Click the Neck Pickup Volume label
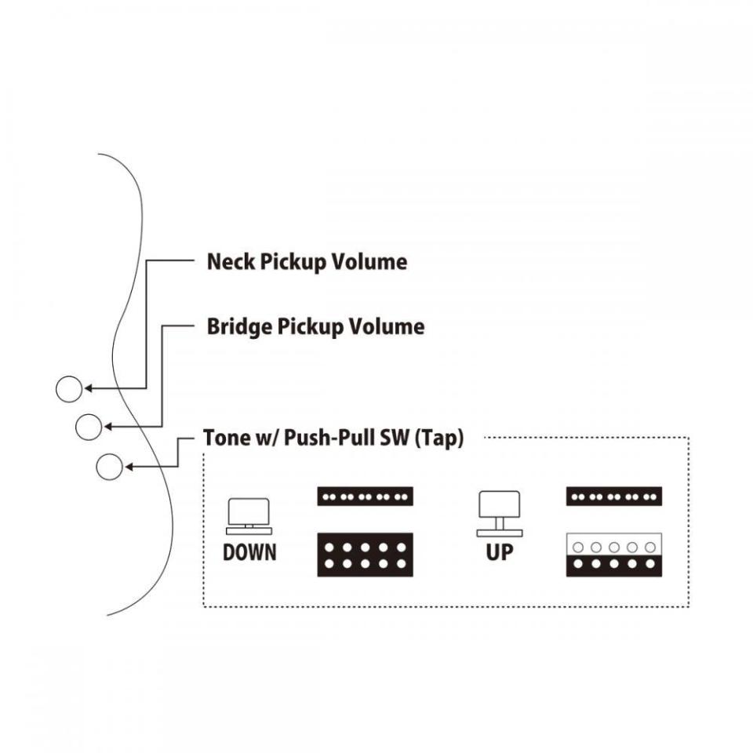(x=307, y=262)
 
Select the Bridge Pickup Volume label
(x=315, y=326)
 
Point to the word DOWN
(x=249, y=552)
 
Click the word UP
(x=500, y=552)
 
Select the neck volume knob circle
(x=69, y=388)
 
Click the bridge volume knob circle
(x=89, y=427)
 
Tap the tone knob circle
(x=109, y=467)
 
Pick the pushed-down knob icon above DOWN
(x=249, y=513)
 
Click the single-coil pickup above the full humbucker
(x=365, y=497)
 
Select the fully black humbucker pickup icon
(x=365, y=555)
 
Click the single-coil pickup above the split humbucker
(x=613, y=497)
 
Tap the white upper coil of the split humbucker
(x=613, y=545)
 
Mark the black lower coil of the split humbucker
(x=613, y=565)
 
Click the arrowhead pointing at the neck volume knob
(x=89, y=388)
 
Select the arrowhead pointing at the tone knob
(x=129, y=467)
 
